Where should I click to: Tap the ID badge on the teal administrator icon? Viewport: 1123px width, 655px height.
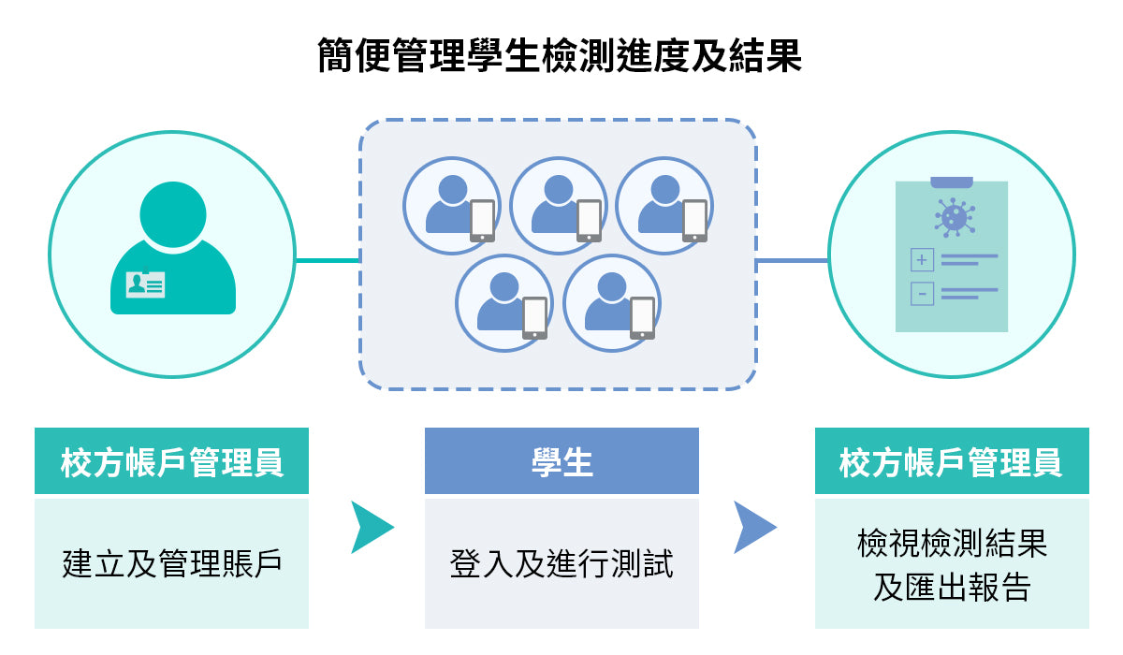click(145, 284)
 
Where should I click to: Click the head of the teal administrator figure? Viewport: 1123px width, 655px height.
click(173, 213)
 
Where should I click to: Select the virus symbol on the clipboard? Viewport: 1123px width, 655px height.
click(953, 217)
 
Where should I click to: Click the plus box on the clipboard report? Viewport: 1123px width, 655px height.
click(922, 259)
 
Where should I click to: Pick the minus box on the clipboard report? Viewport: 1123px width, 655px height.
click(922, 294)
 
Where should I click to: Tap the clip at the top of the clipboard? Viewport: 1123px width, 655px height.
click(952, 182)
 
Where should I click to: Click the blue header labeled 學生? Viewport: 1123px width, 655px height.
click(561, 461)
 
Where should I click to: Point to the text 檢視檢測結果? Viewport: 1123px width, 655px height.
click(952, 543)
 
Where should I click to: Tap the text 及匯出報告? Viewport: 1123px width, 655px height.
click(952, 587)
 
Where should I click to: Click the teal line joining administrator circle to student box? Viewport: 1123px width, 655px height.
click(328, 260)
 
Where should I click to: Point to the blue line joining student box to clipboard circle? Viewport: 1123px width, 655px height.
click(792, 260)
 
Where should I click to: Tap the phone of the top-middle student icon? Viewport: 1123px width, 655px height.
click(589, 221)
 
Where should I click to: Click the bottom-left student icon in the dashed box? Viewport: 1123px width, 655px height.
click(504, 303)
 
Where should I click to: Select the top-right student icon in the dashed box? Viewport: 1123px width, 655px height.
click(664, 205)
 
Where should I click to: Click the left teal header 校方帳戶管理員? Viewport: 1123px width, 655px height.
click(171, 461)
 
